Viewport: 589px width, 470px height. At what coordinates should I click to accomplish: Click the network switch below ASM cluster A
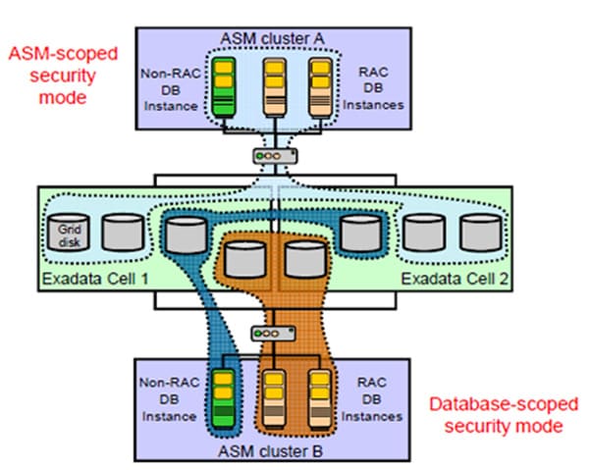point(271,155)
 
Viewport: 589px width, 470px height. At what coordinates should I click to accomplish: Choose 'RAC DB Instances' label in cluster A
point(375,86)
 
